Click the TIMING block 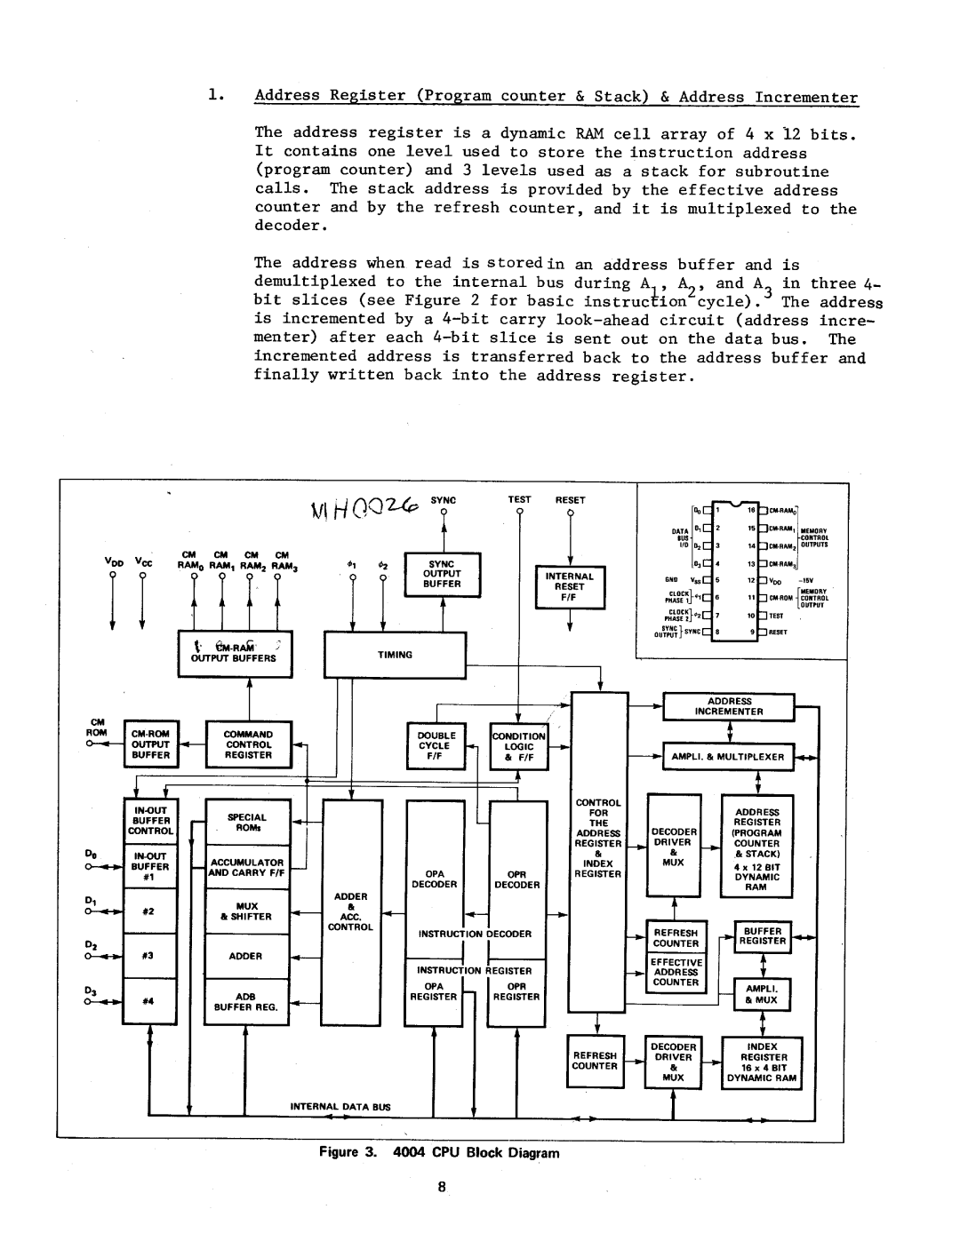pyautogui.click(x=395, y=654)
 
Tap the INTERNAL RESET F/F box pyautogui.click(x=569, y=586)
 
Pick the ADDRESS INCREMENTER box pyautogui.click(x=729, y=706)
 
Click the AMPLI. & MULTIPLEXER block pyautogui.click(x=728, y=757)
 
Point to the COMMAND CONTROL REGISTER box pyautogui.click(x=248, y=744)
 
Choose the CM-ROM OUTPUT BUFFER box pyautogui.click(x=151, y=744)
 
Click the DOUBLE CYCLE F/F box pyautogui.click(x=436, y=746)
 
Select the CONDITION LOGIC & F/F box pyautogui.click(x=519, y=746)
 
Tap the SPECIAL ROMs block pyautogui.click(x=247, y=822)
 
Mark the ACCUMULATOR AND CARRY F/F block pyautogui.click(x=247, y=867)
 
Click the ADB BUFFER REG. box pyautogui.click(x=246, y=1002)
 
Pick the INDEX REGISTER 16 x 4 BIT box pyautogui.click(x=762, y=1062)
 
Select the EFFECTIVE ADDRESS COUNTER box pyautogui.click(x=676, y=972)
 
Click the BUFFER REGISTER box pyautogui.click(x=763, y=936)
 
